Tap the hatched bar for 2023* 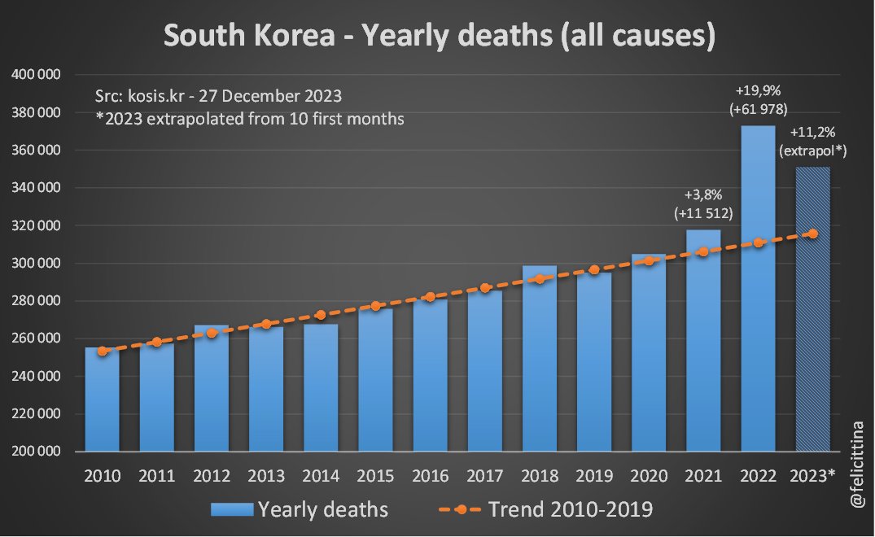coord(812,325)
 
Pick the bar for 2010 coord(103,399)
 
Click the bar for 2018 coord(540,358)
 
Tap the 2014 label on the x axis coord(321,475)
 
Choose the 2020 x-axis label coord(649,475)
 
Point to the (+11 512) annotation coord(703,214)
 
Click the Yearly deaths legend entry coord(300,510)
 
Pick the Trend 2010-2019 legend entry coord(546,510)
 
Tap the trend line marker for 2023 coord(812,234)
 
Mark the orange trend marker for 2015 coord(375,306)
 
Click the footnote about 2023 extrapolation coord(250,118)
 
